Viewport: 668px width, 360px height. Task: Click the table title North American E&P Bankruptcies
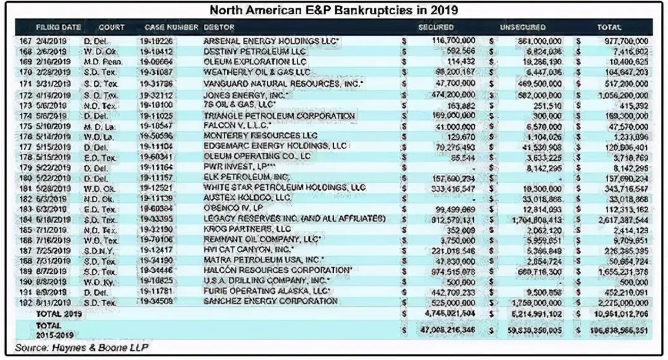point(333,11)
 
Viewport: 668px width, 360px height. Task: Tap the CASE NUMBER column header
point(171,28)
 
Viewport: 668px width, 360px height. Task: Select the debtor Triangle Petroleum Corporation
point(279,116)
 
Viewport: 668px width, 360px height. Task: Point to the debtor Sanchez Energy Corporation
point(271,301)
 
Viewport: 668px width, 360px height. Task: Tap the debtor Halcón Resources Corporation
point(278,270)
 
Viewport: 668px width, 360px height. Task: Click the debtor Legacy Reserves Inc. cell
point(294,219)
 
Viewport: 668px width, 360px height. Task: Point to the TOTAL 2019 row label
point(55,314)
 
